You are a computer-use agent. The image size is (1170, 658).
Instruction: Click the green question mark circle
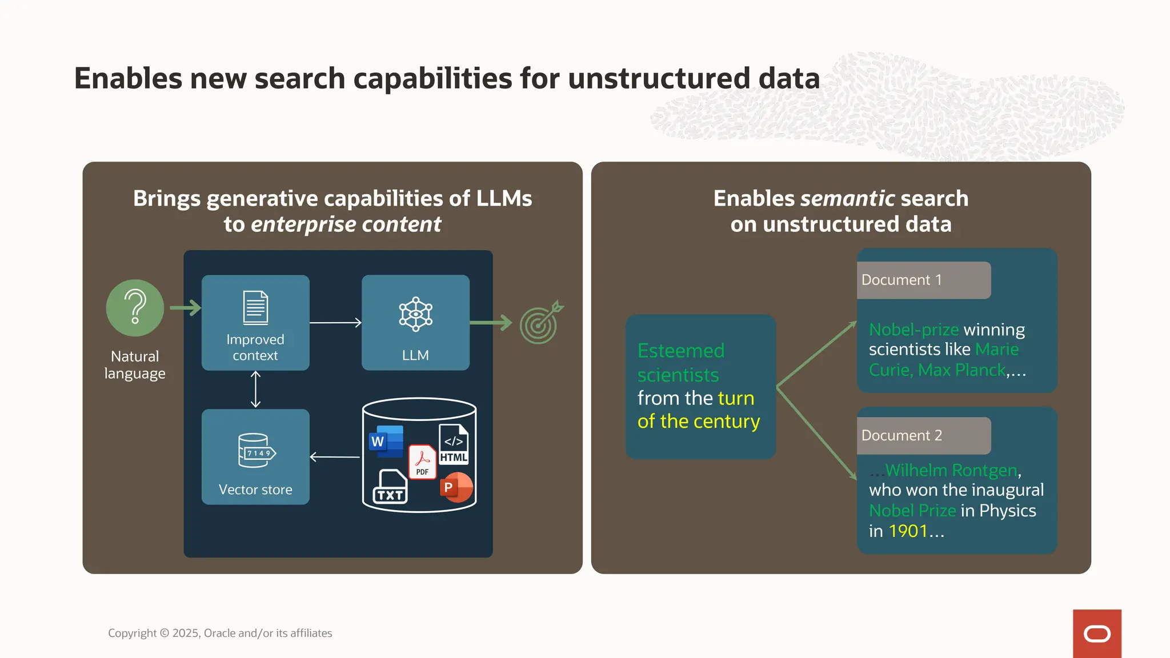point(135,308)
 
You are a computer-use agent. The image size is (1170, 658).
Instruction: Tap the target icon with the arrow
point(540,323)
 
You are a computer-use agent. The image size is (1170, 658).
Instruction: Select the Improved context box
point(255,323)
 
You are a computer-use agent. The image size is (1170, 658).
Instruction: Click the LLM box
point(415,323)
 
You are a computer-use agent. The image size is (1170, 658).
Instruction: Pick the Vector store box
point(255,456)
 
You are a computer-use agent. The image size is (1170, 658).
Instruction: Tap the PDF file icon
point(422,462)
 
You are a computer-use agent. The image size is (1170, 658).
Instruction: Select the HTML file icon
point(454,444)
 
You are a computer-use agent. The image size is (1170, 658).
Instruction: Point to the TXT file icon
point(390,487)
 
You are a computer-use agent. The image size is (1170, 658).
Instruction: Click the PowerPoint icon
point(456,487)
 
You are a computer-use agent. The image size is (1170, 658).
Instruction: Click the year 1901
point(908,531)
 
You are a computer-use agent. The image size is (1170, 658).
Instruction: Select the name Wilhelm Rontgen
point(951,470)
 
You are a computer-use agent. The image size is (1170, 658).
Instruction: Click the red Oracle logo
point(1097,633)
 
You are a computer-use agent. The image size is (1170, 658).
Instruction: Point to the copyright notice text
point(220,633)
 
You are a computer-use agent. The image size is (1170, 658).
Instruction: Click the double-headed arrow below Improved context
point(255,390)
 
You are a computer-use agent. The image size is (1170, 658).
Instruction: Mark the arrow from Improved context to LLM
point(335,323)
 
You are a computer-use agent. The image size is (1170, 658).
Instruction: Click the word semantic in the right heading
point(847,198)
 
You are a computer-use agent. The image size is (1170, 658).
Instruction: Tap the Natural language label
point(135,364)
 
